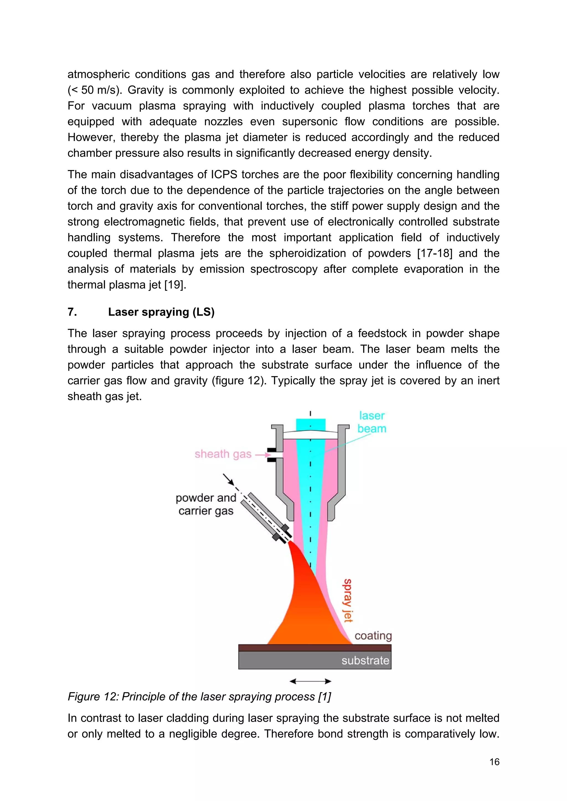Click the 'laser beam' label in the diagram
[x=372, y=422]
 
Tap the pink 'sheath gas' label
[x=223, y=454]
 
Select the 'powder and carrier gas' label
[x=206, y=504]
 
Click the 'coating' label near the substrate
[x=373, y=636]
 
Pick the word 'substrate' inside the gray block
[x=365, y=660]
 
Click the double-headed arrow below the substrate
[x=310, y=681]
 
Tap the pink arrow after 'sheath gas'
[x=263, y=455]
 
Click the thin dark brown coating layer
[x=315, y=648]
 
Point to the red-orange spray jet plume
[x=307, y=614]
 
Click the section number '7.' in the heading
[x=72, y=312]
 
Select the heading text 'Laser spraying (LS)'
[x=161, y=312]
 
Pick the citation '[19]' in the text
[x=174, y=285]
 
